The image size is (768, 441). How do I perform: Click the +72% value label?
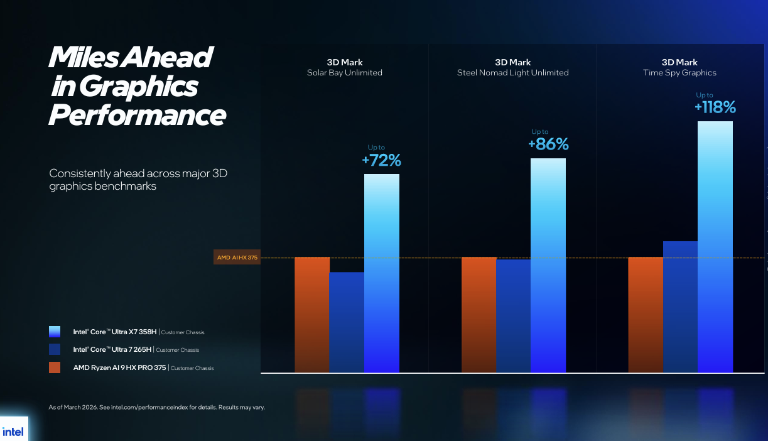coord(381,160)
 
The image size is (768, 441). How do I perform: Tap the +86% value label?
coord(548,144)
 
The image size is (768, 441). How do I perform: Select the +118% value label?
coord(715,107)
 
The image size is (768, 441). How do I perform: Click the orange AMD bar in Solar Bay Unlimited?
coord(312,314)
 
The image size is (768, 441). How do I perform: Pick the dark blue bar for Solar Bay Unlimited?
coord(347,322)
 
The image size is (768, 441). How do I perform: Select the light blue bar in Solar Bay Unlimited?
coord(382,273)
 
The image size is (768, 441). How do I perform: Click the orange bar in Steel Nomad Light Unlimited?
coord(479,314)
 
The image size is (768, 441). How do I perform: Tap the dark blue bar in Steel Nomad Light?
coord(513,315)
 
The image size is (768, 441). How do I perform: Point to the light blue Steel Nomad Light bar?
coord(548,265)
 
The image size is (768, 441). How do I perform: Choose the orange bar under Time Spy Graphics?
coord(646,314)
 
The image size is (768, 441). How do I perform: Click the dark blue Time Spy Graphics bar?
coord(680,307)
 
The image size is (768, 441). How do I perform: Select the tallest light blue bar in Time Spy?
coord(715,246)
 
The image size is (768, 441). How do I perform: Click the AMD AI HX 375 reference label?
coord(237,258)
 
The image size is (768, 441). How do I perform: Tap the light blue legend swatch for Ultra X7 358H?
coord(55,332)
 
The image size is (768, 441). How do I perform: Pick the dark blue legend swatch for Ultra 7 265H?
coord(55,349)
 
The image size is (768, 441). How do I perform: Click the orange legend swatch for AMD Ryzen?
coord(55,367)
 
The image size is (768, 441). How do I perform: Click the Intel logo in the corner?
coord(13,432)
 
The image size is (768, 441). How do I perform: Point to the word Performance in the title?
coord(137,116)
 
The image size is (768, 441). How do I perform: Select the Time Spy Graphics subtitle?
coord(679,73)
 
